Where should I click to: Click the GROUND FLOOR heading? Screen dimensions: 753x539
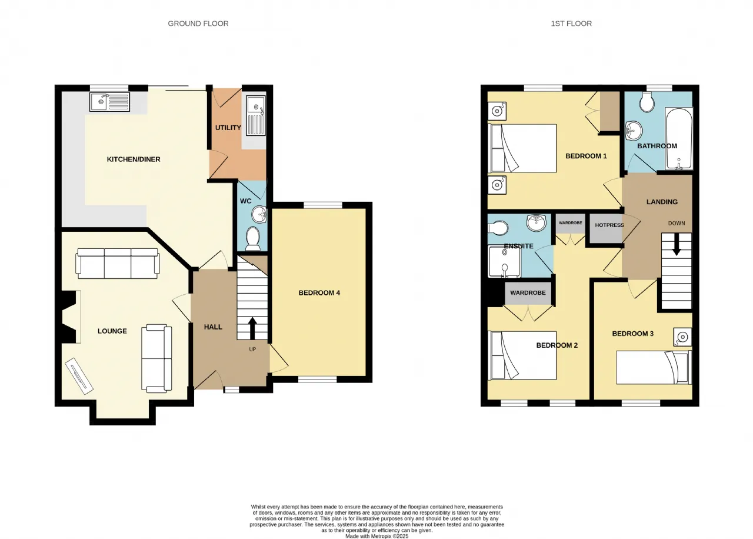(198, 24)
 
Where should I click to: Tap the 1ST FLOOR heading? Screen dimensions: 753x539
(571, 24)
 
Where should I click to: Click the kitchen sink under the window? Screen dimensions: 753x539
(109, 102)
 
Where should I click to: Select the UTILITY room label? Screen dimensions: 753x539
(228, 128)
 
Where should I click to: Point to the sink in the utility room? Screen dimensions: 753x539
(256, 115)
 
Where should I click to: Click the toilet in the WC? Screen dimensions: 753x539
(253, 238)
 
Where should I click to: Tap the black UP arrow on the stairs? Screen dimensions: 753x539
(253, 328)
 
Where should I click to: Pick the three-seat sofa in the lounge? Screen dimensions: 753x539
(117, 263)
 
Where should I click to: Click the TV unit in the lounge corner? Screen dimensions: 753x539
(79, 376)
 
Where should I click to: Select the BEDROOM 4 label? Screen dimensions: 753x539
(319, 293)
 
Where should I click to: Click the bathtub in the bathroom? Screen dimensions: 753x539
(679, 138)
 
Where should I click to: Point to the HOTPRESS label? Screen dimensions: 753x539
(609, 225)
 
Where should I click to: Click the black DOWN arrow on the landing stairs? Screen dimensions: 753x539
(677, 244)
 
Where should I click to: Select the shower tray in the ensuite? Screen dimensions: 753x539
(504, 262)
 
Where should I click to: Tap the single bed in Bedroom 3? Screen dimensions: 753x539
(654, 367)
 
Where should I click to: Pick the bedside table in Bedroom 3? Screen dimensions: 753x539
(682, 337)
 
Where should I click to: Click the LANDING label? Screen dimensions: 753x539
(662, 202)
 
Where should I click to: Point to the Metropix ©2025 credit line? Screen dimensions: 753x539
(377, 536)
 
